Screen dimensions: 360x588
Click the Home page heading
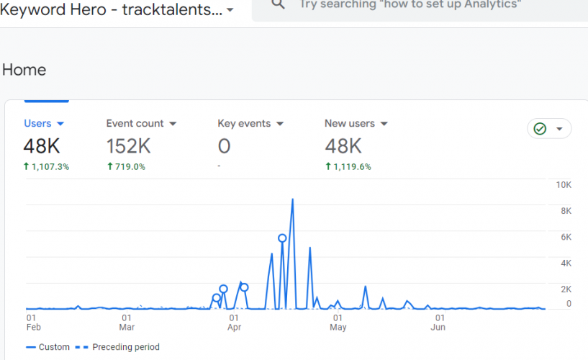tap(24, 70)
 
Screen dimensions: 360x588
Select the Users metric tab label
tap(37, 123)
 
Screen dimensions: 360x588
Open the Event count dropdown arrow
tap(173, 124)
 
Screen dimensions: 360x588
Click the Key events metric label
tap(244, 123)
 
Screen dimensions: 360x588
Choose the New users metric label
tap(350, 123)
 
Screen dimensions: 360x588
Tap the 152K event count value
tap(128, 146)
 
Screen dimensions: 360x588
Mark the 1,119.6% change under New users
tap(352, 166)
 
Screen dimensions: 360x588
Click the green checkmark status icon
tap(540, 129)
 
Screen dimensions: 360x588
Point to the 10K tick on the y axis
tap(564, 185)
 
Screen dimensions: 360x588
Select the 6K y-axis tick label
tap(566, 237)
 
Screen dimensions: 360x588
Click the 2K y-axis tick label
tap(566, 289)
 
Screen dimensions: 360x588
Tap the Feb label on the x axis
tap(34, 327)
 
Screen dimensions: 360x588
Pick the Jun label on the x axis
tap(438, 327)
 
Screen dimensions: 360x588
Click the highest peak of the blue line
tap(292, 199)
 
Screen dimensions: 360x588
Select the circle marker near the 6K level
tap(282, 238)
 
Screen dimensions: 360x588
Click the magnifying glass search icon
tap(278, 4)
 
